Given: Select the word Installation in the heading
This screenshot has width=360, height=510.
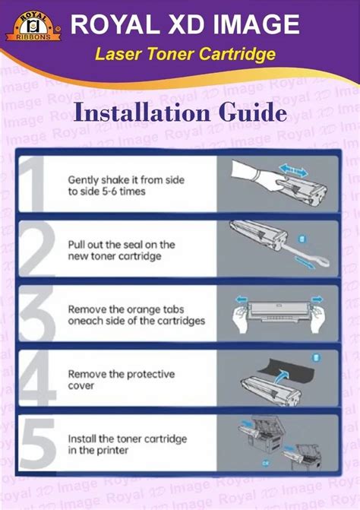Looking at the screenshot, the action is point(142,112).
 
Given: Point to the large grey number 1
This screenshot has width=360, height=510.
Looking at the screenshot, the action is point(32,183).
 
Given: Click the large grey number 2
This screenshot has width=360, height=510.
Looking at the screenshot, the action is point(36,249).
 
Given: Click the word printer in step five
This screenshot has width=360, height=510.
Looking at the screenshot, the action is point(112,450).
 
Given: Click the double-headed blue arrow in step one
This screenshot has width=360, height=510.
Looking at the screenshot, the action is point(293,170).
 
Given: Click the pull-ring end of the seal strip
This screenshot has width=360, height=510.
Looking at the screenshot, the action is point(320,261).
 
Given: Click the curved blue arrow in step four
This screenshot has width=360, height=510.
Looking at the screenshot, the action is point(280,377).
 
